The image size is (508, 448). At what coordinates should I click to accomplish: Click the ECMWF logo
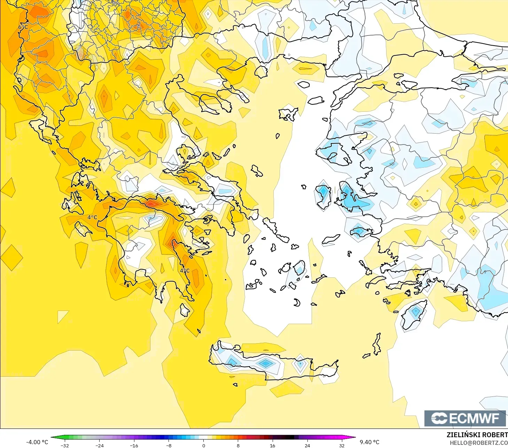tap(465, 418)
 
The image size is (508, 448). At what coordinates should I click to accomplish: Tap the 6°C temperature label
tap(23, 27)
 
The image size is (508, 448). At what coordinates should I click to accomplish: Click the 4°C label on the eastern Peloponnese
tap(185, 270)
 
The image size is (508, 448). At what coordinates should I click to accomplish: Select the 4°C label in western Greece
tap(92, 217)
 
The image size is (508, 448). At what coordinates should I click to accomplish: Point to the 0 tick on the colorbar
tap(204, 445)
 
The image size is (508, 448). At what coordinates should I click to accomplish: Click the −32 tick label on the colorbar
tap(65, 445)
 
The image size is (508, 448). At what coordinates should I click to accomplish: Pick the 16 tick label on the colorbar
tap(272, 445)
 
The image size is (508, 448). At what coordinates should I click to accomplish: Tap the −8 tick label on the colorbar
tap(169, 445)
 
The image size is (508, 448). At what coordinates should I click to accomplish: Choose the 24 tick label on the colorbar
tap(307, 445)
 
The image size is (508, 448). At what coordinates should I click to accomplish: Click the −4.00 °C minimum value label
tap(37, 442)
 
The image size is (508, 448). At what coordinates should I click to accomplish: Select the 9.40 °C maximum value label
tap(369, 442)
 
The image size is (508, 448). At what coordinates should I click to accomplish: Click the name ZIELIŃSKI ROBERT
tap(477, 435)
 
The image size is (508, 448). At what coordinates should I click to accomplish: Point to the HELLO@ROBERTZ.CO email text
tap(478, 443)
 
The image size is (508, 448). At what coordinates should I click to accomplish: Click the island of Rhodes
tap(414, 315)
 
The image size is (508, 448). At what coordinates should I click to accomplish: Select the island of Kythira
tap(185, 310)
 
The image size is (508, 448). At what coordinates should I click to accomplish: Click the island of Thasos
tap(260, 71)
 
